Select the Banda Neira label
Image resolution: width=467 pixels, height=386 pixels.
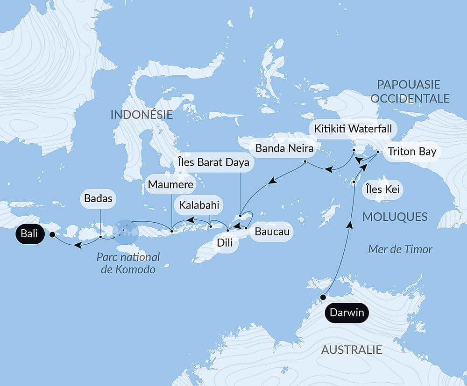284,150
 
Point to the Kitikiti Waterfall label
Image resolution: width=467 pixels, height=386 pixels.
353,128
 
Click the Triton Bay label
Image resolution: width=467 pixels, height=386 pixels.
411,151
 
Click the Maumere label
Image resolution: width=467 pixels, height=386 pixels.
164,185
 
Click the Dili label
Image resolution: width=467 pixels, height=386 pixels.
224,243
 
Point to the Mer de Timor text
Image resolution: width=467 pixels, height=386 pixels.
400,249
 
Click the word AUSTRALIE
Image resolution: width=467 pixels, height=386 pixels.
351,350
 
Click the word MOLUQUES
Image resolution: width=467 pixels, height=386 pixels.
395,216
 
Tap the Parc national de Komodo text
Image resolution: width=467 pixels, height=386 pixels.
128,263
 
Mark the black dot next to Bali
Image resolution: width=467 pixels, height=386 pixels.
52,235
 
